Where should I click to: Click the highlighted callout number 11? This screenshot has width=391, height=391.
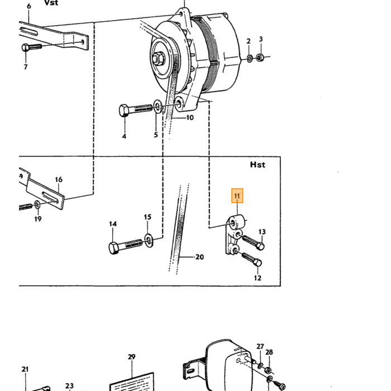(237, 195)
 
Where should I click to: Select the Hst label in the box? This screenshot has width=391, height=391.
(258, 165)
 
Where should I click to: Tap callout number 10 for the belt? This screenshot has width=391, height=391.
(190, 117)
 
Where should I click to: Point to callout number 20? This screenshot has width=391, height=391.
(199, 256)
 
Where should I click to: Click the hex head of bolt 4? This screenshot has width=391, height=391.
(124, 111)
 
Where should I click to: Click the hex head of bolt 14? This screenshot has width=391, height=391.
(114, 248)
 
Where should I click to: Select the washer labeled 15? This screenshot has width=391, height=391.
(149, 241)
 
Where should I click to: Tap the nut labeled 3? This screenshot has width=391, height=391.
(260, 58)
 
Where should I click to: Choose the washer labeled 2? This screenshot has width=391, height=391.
(250, 59)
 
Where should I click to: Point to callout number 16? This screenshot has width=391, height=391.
(59, 179)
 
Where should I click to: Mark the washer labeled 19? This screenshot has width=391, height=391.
(37, 205)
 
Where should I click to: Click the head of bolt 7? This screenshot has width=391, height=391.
(25, 47)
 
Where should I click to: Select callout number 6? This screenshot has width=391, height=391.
(29, 6)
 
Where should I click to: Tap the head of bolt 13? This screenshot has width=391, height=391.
(260, 246)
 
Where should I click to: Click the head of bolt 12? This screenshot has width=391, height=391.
(258, 263)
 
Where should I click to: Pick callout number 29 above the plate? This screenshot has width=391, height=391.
(131, 357)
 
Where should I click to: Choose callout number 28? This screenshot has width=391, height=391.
(269, 352)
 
